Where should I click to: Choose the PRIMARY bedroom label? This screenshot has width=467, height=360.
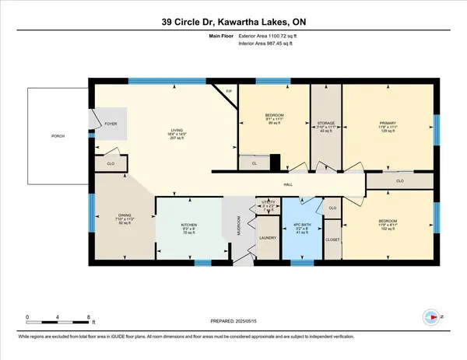pyautogui.click(x=387, y=121)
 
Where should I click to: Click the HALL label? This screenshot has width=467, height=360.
pyautogui.click(x=286, y=185)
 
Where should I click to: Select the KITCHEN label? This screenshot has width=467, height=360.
pyautogui.click(x=189, y=225)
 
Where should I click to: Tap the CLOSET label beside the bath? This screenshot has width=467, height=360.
pyautogui.click(x=332, y=241)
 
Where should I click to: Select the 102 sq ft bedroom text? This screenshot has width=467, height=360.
pyautogui.click(x=387, y=230)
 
